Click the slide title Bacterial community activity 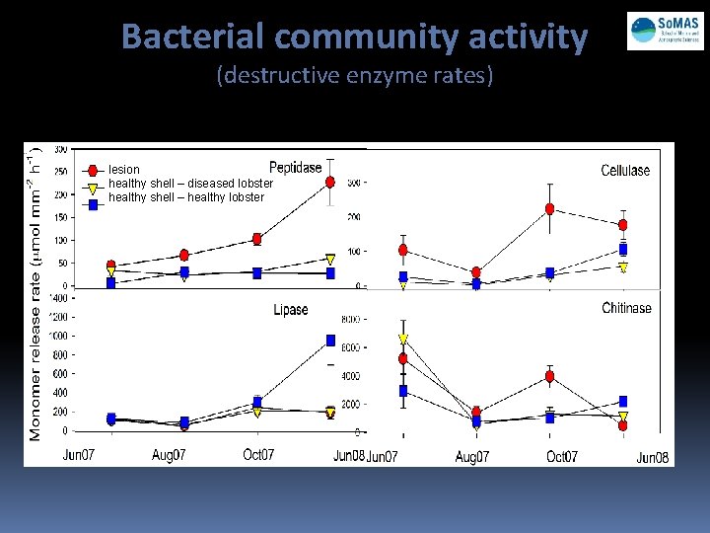tap(355, 38)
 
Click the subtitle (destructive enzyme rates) tap(355, 76)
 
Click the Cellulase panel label tap(625, 170)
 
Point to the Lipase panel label tap(291, 310)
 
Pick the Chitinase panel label tap(626, 308)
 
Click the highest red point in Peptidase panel tap(331, 182)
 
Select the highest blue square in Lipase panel tap(331, 341)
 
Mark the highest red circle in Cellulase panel tap(549, 209)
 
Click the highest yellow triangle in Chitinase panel tap(402, 339)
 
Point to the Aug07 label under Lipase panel tap(170, 455)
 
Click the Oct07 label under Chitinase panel tap(561, 456)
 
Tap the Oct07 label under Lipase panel tap(257, 455)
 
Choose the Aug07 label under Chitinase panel tap(473, 456)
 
